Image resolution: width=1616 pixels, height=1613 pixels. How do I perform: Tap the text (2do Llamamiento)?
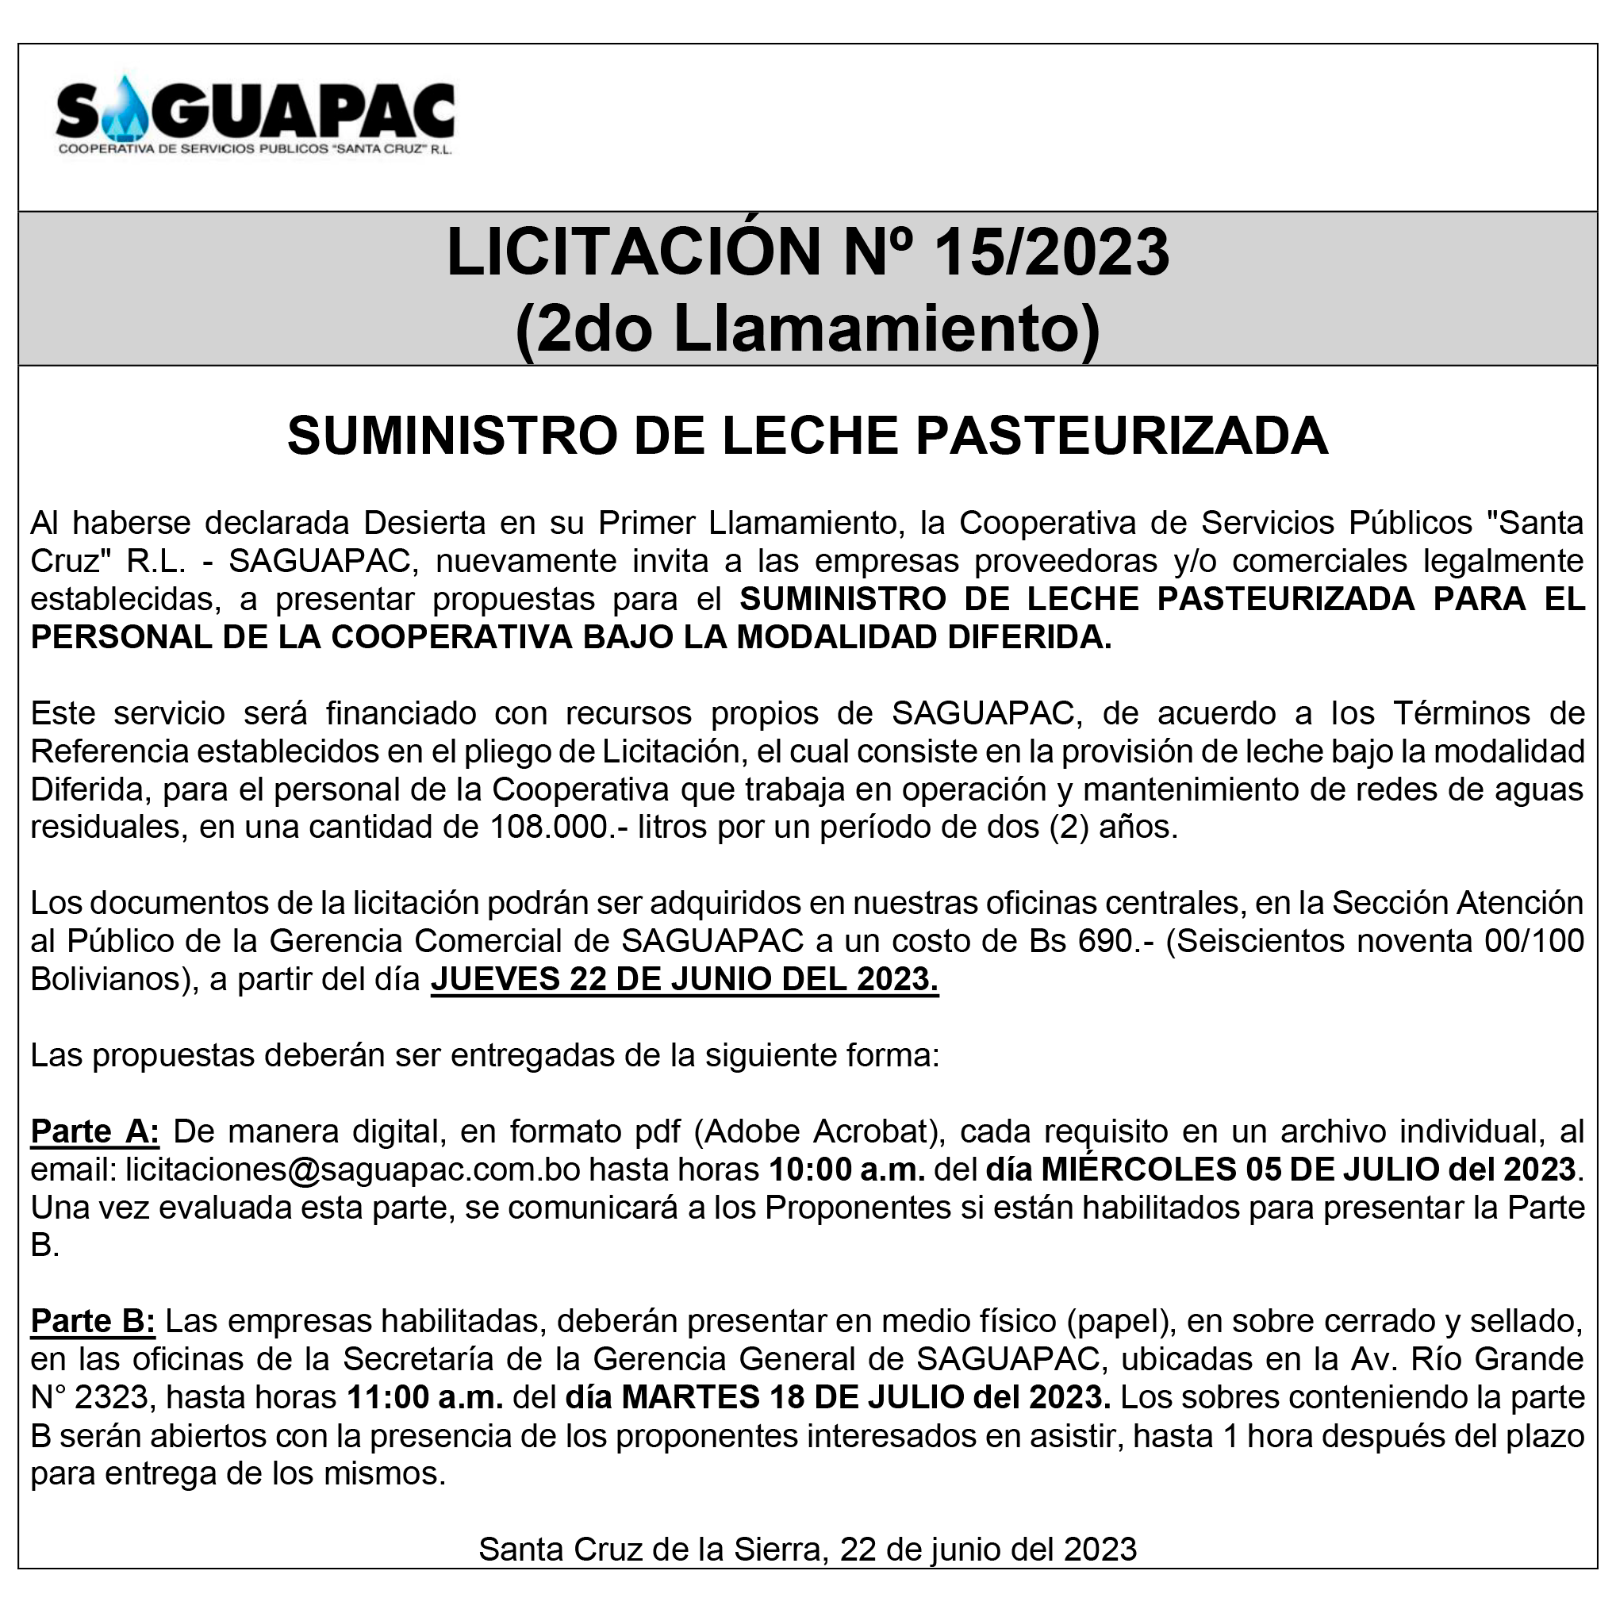point(807,328)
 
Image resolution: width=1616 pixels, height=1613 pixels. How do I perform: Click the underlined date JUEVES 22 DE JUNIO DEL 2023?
point(684,980)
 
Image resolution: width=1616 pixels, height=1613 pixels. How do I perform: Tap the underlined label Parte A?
point(94,1132)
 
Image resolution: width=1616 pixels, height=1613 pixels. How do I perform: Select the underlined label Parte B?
point(93,1322)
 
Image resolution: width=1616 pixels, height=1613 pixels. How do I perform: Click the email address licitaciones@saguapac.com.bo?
point(353,1169)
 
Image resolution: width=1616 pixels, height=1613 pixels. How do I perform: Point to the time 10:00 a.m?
point(846,1169)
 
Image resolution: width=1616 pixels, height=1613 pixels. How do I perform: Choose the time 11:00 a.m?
point(425,1398)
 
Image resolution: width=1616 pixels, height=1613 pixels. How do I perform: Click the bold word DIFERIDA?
point(1029,637)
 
